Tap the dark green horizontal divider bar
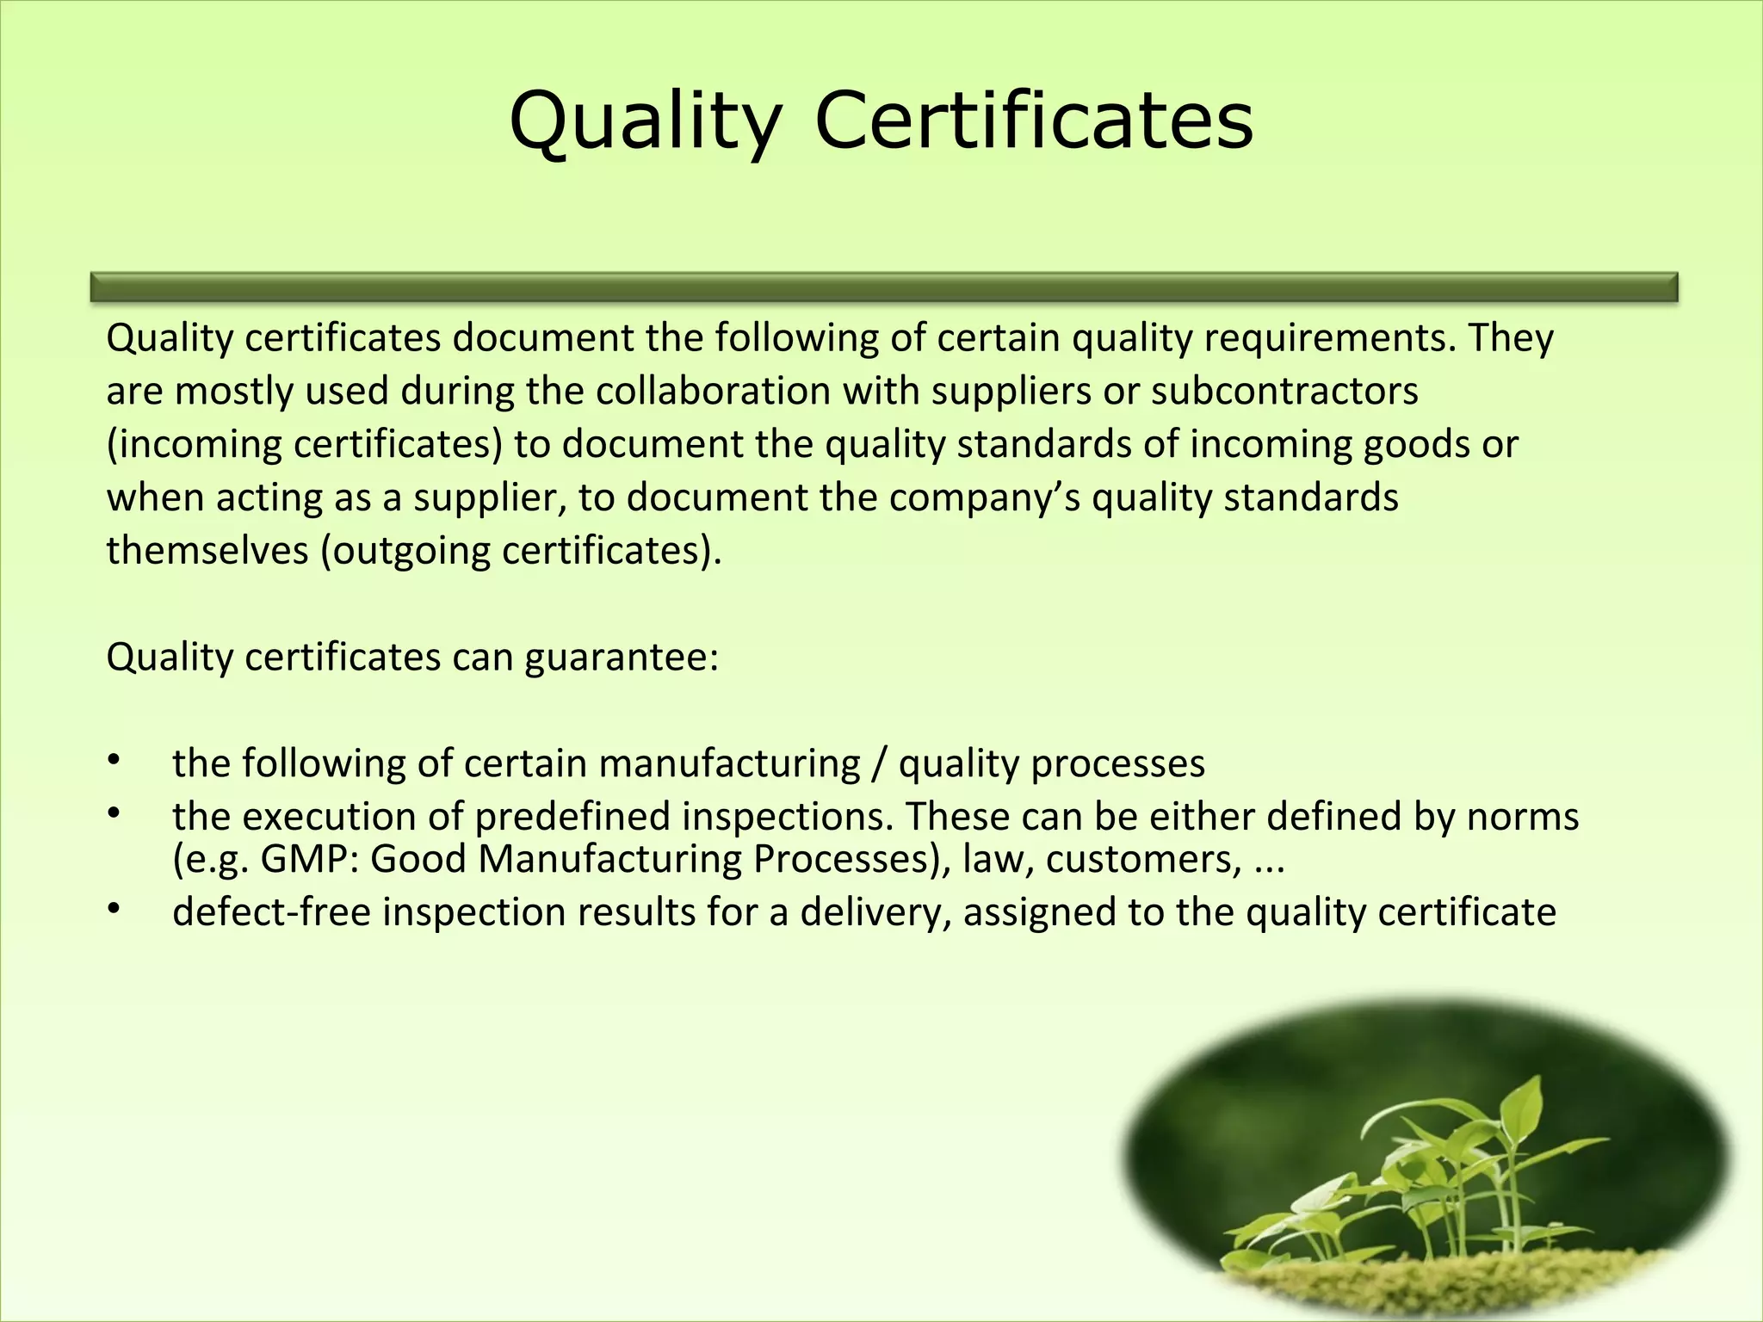pos(884,287)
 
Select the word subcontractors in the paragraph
pos(1284,392)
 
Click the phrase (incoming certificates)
pos(305,445)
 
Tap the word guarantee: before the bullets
pos(621,658)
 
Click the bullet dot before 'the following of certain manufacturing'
pos(113,760)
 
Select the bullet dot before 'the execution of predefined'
pos(113,813)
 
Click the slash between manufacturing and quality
pos(879,764)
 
